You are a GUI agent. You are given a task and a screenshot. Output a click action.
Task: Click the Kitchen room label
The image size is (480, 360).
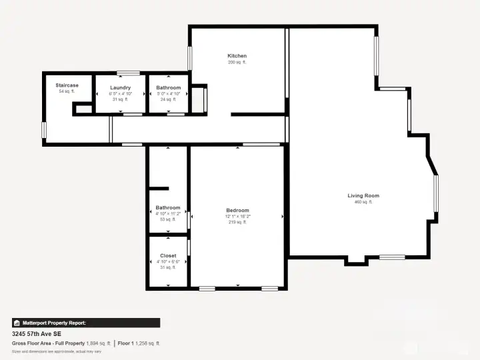[x=237, y=56]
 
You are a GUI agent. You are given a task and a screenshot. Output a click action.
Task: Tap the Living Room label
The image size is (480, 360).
[x=363, y=195]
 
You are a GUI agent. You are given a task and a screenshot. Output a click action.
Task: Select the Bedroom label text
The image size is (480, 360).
[x=237, y=210]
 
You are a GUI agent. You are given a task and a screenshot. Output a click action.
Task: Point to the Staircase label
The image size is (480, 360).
[x=67, y=85]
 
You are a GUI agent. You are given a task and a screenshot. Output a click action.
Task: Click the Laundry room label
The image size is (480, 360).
[x=120, y=88]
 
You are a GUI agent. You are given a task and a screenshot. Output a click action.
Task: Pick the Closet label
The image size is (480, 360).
[x=168, y=255]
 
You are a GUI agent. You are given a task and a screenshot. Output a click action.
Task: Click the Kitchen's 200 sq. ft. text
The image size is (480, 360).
[x=237, y=63]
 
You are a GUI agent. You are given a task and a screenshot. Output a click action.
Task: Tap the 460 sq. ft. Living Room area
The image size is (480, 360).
[x=363, y=202]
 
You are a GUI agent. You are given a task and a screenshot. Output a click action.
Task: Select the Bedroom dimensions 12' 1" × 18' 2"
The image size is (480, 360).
[x=237, y=216]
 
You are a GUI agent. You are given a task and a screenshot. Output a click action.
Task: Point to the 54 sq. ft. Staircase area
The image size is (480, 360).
[x=67, y=91]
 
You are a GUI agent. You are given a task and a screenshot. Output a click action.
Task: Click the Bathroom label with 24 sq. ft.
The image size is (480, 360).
[x=168, y=88]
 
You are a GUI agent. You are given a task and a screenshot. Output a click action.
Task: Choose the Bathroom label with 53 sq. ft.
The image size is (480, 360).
[x=168, y=207]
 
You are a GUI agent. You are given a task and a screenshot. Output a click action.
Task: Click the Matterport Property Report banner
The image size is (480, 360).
[x=86, y=323]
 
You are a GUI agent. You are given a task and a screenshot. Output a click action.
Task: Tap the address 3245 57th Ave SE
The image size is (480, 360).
[x=37, y=333]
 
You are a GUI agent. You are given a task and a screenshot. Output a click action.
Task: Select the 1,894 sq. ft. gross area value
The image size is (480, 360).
[x=99, y=343]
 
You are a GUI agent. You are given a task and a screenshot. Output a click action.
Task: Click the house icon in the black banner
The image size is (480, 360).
[x=17, y=323]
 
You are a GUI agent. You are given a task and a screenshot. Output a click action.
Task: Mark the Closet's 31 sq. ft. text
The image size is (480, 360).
[x=168, y=267]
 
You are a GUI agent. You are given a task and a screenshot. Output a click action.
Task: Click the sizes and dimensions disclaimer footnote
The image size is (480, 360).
[x=57, y=351]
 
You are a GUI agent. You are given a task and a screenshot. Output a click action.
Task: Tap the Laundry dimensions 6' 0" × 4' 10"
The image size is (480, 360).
[x=120, y=94]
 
